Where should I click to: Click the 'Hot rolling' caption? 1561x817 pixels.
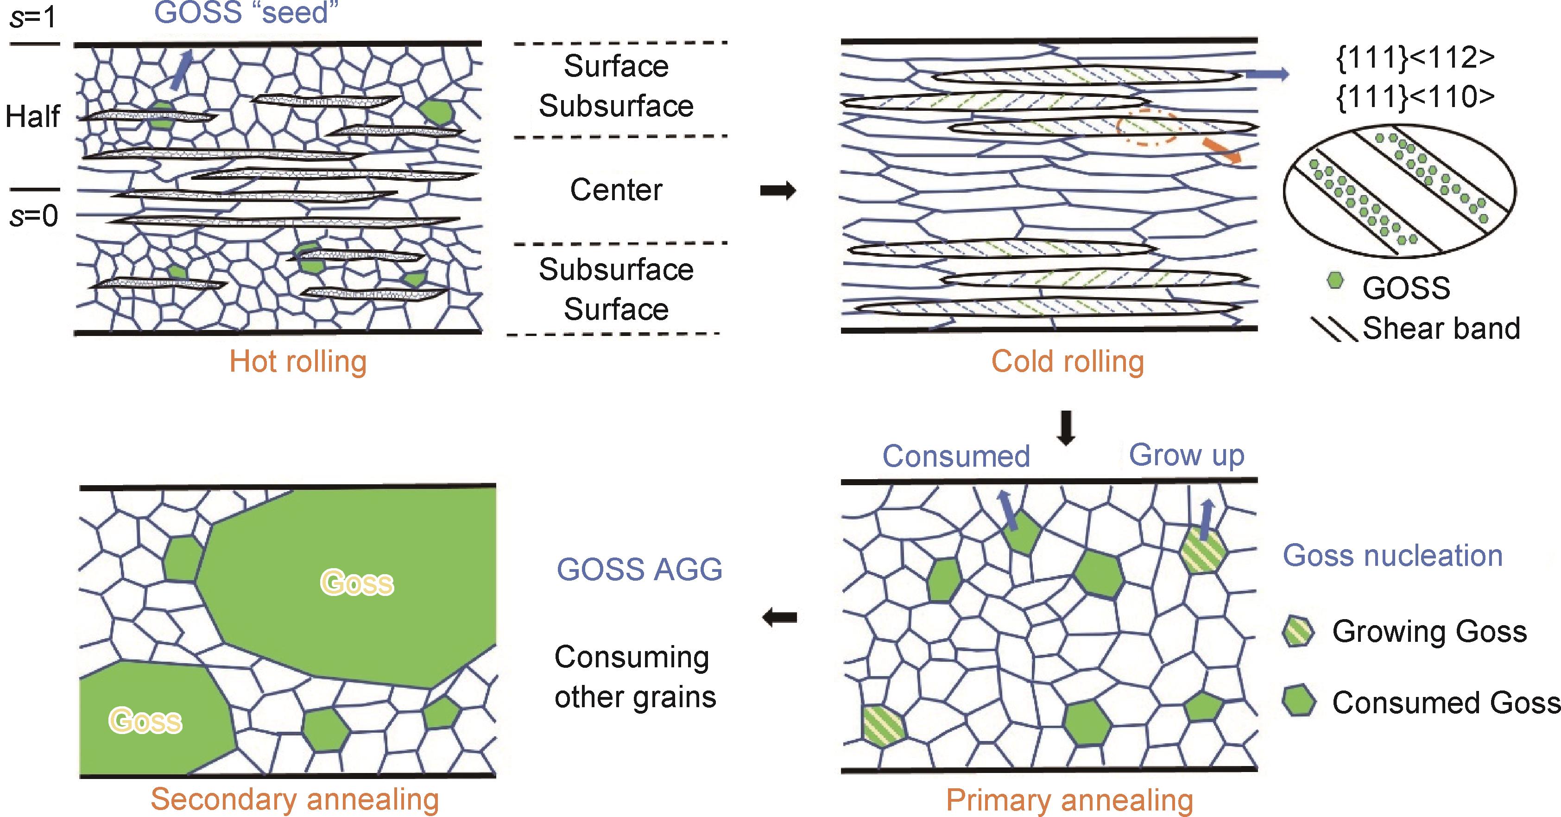point(298,362)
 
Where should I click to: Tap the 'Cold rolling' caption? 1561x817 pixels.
point(1068,362)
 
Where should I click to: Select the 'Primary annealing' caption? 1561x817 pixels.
point(1069,800)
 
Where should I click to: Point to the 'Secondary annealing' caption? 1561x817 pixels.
point(295,799)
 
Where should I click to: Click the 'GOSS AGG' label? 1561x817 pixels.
point(639,570)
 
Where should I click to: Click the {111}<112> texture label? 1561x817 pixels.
point(1415,57)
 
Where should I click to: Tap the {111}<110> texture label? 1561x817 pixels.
point(1415,97)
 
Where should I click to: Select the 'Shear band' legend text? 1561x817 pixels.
point(1441,329)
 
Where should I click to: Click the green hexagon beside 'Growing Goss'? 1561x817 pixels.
point(1299,632)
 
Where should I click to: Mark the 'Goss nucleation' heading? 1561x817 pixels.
point(1392,556)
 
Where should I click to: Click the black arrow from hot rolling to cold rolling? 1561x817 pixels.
point(777,191)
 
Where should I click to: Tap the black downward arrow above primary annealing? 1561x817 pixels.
point(1066,428)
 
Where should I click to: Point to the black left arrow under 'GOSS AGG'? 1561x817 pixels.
point(779,618)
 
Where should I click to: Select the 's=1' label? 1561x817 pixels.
point(33,18)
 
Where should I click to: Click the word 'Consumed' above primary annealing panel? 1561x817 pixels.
point(955,456)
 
